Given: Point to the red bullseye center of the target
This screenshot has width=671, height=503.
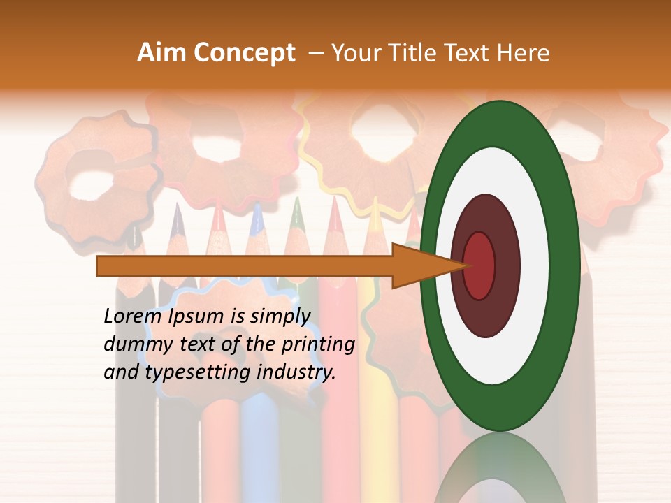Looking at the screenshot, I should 479,265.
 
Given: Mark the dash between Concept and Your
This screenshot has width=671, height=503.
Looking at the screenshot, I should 315,53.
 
